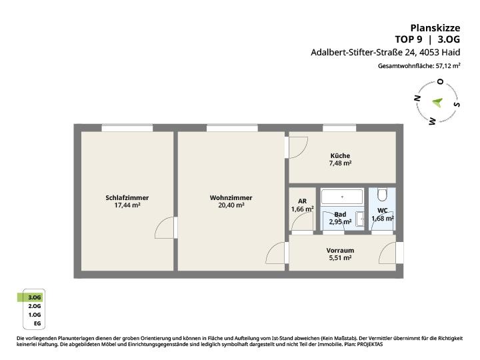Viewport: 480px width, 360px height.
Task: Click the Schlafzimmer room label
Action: pos(127,198)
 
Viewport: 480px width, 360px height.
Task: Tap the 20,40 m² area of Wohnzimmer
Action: pos(231,205)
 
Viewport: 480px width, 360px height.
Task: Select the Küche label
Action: pos(340,155)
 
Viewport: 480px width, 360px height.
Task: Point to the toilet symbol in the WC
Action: pos(382,195)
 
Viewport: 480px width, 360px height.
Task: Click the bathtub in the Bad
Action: pos(342,197)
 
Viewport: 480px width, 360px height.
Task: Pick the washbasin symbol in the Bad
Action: pos(360,219)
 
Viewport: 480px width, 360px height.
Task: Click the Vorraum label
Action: pos(340,251)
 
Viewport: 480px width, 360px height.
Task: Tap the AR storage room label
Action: pos(302,201)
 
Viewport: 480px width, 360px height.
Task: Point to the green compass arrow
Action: pos(438,102)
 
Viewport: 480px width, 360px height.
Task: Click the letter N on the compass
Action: pos(417,98)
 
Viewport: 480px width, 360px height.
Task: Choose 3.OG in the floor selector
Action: pos(34,297)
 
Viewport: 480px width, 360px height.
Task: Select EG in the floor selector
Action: pos(37,323)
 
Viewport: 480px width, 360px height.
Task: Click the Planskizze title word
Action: pos(435,28)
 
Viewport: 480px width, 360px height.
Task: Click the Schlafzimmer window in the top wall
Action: pos(127,128)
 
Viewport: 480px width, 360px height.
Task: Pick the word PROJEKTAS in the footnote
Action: pos(370,345)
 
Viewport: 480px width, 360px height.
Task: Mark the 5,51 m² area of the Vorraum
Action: pos(340,258)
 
